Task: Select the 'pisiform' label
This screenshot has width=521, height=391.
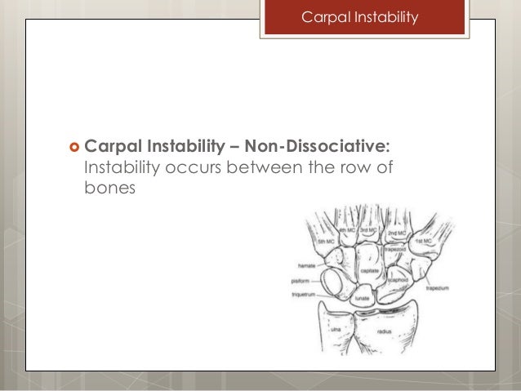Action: (x=299, y=280)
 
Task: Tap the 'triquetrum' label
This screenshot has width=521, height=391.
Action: (x=302, y=292)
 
